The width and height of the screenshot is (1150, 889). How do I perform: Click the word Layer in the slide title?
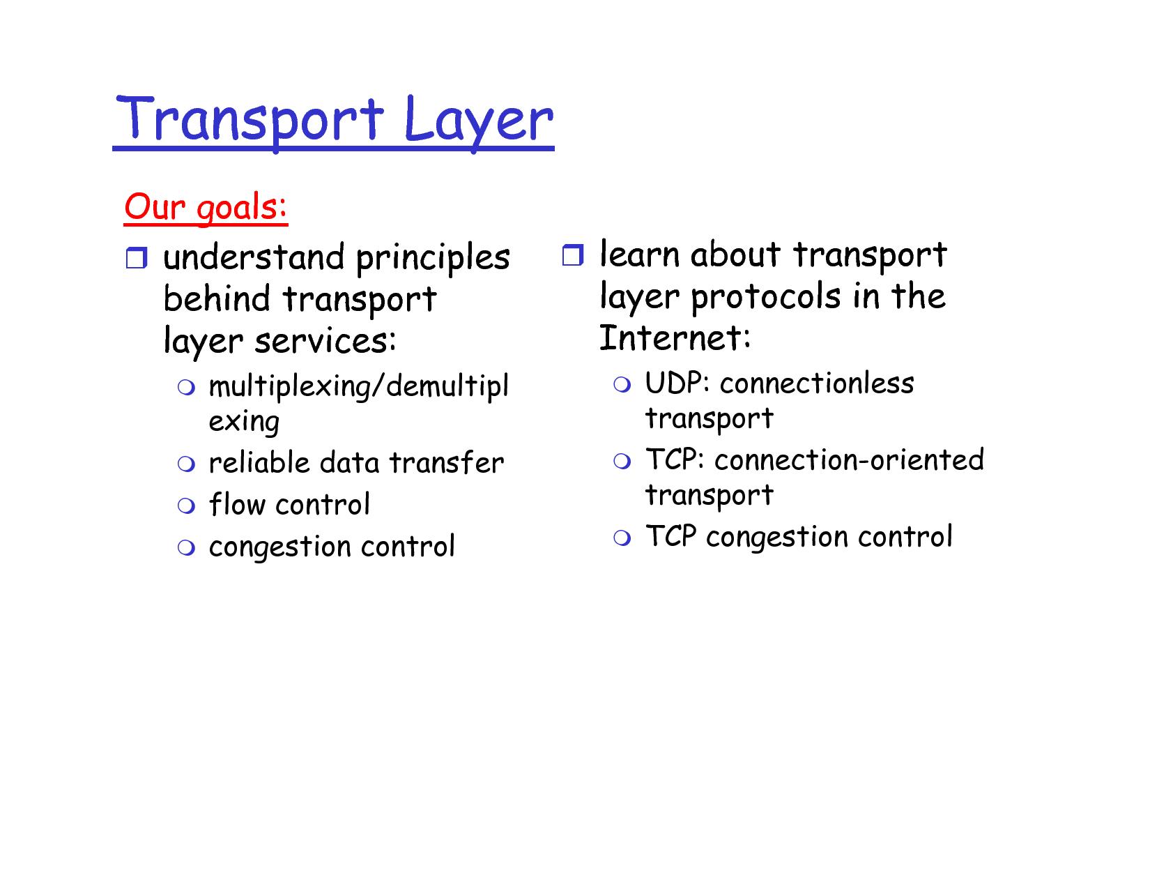(478, 122)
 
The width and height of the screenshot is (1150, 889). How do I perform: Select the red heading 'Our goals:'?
(206, 207)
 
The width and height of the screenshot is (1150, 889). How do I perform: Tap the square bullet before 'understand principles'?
(136, 258)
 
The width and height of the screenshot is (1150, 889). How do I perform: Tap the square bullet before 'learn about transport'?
(573, 254)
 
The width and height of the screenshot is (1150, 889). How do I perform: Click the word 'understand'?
(254, 257)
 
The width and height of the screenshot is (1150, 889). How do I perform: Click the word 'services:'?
(325, 340)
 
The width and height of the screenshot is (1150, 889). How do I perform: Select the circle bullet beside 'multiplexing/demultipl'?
(186, 387)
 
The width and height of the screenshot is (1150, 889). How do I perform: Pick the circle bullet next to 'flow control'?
(186, 505)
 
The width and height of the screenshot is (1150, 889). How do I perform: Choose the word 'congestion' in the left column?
(279, 547)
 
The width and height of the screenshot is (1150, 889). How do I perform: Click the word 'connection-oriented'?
(849, 459)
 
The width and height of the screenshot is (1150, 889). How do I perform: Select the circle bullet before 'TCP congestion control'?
(622, 538)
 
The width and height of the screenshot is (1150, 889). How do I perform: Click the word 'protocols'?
(765, 297)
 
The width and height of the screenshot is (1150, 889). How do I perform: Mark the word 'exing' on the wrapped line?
(244, 422)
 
